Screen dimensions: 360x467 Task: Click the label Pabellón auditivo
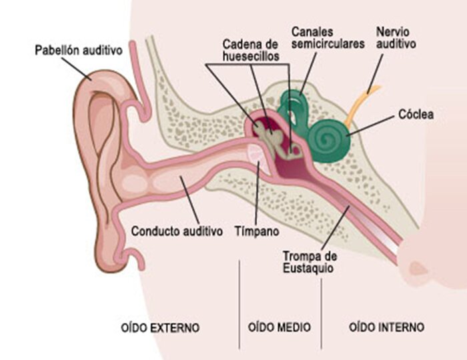coord(78,49)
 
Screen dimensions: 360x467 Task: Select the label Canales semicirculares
coord(328,37)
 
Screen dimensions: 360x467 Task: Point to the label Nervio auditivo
coord(396,37)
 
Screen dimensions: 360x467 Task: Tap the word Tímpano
coord(256,232)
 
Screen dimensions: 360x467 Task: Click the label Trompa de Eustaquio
coord(308,262)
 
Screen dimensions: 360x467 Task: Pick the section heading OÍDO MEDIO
coord(279,327)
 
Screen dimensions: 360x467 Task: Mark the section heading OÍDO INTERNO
coord(386,327)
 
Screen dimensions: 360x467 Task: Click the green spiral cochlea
coord(328,139)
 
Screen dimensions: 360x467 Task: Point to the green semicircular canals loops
coord(292,107)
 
